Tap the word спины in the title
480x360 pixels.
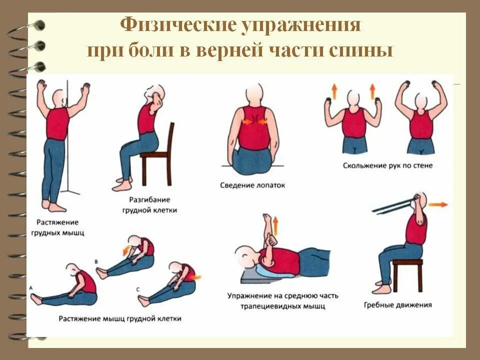[x=364, y=51]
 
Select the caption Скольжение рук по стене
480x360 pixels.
[x=387, y=165]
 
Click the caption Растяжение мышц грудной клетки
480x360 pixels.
[x=119, y=318]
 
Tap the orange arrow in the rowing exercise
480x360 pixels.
[x=438, y=204]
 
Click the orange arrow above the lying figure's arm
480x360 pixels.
[x=274, y=226]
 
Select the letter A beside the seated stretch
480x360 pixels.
[x=31, y=288]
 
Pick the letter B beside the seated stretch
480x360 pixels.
[x=97, y=261]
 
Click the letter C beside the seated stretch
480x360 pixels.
[x=137, y=289]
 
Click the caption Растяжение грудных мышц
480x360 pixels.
[x=57, y=227]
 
